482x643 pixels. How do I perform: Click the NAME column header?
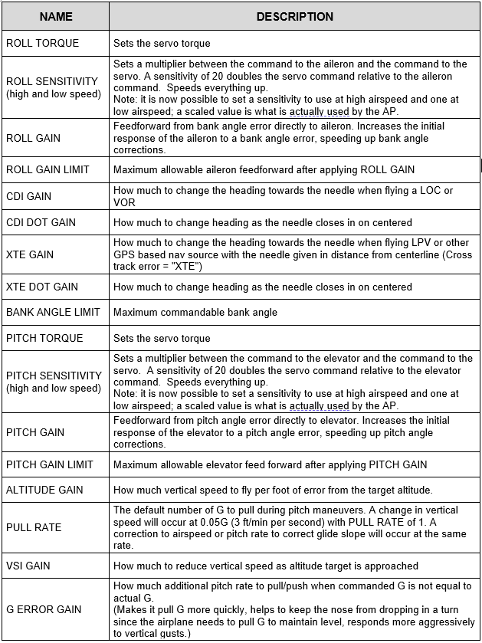[55, 16]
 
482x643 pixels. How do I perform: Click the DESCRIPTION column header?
[294, 16]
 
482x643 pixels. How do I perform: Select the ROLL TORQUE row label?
[42, 43]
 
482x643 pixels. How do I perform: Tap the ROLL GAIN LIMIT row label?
[48, 169]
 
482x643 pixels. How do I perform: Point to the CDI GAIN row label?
[29, 196]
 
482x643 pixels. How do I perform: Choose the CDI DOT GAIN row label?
[41, 222]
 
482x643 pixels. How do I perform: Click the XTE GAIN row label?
[30, 254]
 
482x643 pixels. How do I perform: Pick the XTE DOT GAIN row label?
[41, 287]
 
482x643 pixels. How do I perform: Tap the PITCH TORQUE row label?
[44, 338]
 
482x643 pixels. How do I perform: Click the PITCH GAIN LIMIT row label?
[49, 464]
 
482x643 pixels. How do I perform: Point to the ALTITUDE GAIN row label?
[44, 490]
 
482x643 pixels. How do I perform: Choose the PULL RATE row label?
[33, 527]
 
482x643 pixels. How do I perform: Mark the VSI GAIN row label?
[29, 566]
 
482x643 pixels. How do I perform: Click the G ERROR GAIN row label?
[44, 609]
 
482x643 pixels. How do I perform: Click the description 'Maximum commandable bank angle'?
[195, 313]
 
